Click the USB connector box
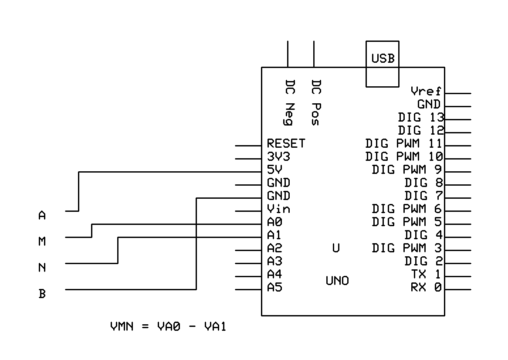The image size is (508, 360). click(x=382, y=64)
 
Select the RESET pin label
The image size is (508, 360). click(x=286, y=143)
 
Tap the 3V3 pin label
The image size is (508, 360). click(x=278, y=156)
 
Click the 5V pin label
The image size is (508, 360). click(x=275, y=170)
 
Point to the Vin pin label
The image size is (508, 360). click(x=278, y=209)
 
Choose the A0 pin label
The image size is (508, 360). click(x=274, y=222)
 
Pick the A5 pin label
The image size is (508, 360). click(x=274, y=287)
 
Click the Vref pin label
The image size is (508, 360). click(x=426, y=91)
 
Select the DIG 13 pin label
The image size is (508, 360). click(x=421, y=117)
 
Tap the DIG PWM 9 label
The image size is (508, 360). click(x=407, y=170)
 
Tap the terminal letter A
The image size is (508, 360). click(x=42, y=215)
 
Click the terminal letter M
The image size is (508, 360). click(x=42, y=241)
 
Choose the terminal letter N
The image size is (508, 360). click(x=42, y=268)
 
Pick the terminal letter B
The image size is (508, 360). click(x=42, y=294)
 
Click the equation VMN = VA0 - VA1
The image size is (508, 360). click(x=168, y=326)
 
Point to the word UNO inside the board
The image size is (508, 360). click(x=337, y=281)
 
